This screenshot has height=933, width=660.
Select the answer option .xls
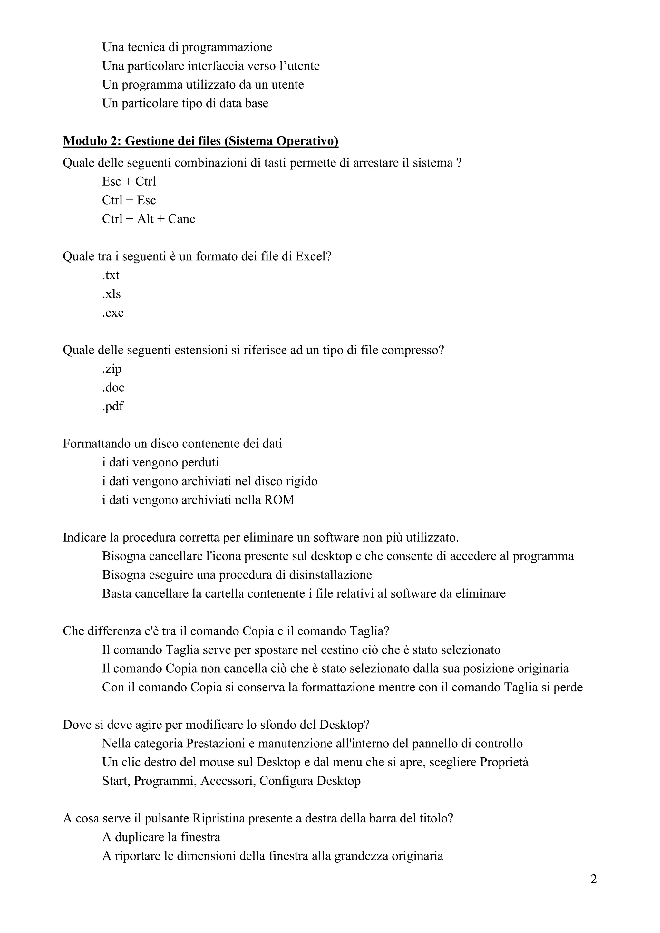point(112,294)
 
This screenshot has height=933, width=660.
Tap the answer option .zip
point(112,369)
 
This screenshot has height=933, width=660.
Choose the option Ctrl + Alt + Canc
point(148,219)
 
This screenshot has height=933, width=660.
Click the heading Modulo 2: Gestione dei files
point(200,141)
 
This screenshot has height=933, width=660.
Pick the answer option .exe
point(113,313)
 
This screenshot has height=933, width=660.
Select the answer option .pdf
point(112,406)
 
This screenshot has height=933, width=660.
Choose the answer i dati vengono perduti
point(160,462)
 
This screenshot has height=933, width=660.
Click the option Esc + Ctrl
point(129,181)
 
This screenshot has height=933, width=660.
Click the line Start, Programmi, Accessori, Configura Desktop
point(231,781)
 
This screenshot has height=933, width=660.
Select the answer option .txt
point(111,275)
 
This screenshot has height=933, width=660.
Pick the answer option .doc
point(113,388)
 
